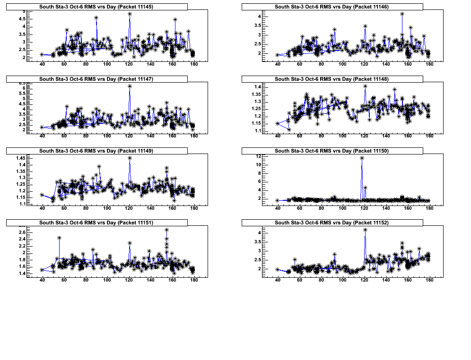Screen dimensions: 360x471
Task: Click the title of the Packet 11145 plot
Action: [96, 7]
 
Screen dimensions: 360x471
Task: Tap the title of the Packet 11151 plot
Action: [96, 222]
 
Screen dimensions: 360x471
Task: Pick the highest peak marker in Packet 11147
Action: [130, 86]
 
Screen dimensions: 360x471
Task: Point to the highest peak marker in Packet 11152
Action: [365, 230]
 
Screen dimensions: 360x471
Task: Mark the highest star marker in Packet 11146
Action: [402, 14]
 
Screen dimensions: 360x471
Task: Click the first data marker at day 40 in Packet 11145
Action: [42, 54]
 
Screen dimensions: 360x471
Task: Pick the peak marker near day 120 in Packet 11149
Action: [130, 158]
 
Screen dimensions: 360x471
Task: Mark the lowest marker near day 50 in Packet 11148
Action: [289, 129]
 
